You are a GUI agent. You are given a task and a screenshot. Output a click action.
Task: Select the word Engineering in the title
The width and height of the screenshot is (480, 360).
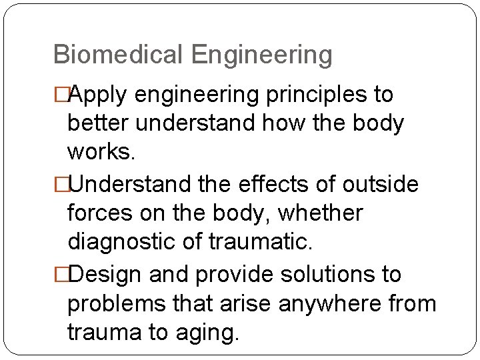tap(261, 55)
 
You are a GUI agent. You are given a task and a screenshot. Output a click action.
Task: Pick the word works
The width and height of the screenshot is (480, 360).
tap(102, 152)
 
